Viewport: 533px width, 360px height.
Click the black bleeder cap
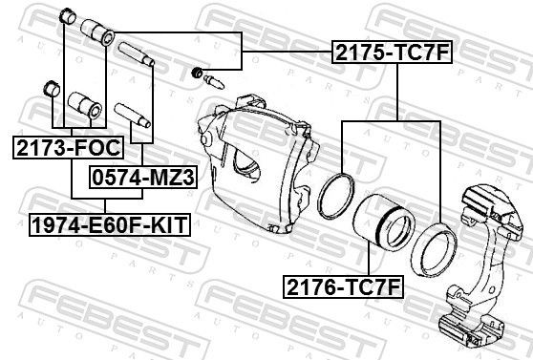[198, 73]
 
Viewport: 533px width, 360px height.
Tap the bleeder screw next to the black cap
[215, 80]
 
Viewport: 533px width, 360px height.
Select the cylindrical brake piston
[383, 228]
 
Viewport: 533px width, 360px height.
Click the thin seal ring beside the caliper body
[336, 195]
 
